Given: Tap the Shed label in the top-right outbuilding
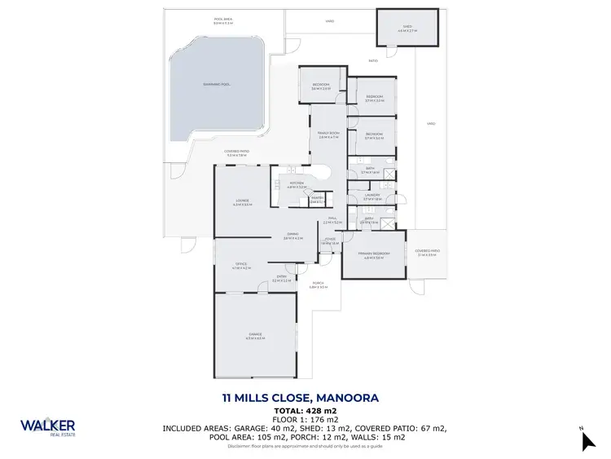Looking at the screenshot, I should tap(407, 29).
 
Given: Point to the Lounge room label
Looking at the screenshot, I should tap(241, 202).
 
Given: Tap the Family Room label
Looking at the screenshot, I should tap(327, 135).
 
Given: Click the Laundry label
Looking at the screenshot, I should tap(373, 196).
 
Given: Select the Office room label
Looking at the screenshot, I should tap(241, 265).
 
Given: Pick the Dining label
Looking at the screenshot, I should tap(292, 236).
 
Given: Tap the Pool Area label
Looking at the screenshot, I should tap(223, 21).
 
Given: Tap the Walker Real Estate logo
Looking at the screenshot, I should tap(48, 427).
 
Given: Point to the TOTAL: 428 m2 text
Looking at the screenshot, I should tap(305, 410).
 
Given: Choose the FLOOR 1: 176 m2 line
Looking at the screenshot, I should tap(305, 419).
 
